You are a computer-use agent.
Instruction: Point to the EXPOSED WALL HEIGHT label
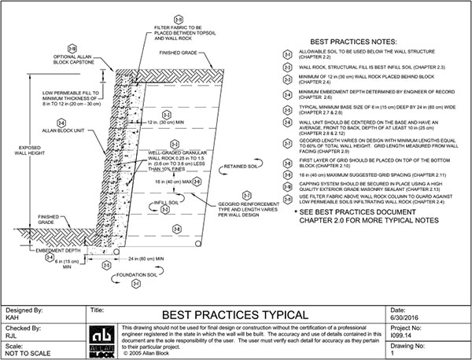coord(27,149)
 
